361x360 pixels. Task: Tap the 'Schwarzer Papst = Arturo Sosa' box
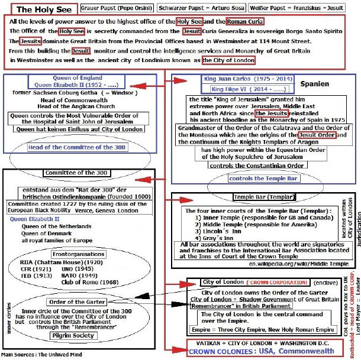click(x=193, y=9)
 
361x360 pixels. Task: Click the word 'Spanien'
click(x=315, y=84)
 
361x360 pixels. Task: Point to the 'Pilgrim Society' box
click(x=75, y=335)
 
